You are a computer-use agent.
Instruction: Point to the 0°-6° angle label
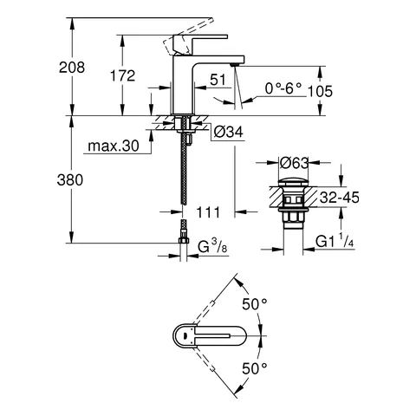coord(284,87)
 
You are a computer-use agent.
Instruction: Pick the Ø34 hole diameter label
coord(225,131)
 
